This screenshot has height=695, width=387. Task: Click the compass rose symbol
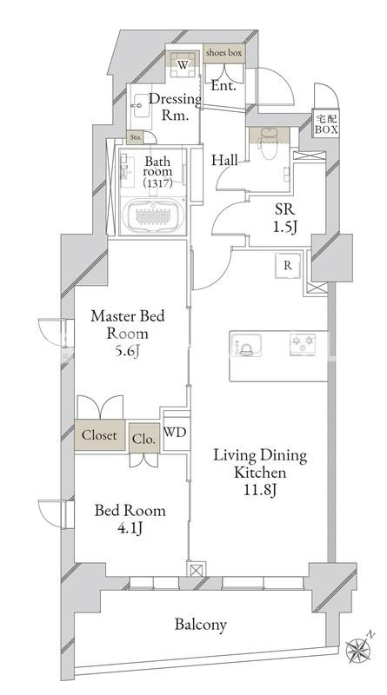(x=357, y=650)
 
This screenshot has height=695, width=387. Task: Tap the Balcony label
(x=200, y=625)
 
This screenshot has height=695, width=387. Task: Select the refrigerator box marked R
(x=288, y=266)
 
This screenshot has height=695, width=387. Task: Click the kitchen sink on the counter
(x=246, y=345)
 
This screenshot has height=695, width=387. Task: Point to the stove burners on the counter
(x=303, y=344)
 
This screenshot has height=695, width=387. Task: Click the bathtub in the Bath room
(x=152, y=216)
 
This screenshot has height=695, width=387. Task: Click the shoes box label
(x=224, y=53)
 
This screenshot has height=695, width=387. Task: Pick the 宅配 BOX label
(x=326, y=123)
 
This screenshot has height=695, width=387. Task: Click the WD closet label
(x=175, y=432)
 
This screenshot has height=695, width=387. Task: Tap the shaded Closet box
(x=99, y=435)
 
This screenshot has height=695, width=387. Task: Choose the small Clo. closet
(x=144, y=439)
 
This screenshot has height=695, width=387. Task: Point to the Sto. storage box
(x=136, y=138)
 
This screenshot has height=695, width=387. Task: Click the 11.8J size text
(x=260, y=489)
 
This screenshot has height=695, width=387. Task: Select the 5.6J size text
(x=127, y=351)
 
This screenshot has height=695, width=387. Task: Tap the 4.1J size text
(x=130, y=528)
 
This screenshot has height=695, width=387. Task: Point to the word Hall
(x=224, y=160)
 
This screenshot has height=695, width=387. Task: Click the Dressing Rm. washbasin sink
(x=140, y=105)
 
